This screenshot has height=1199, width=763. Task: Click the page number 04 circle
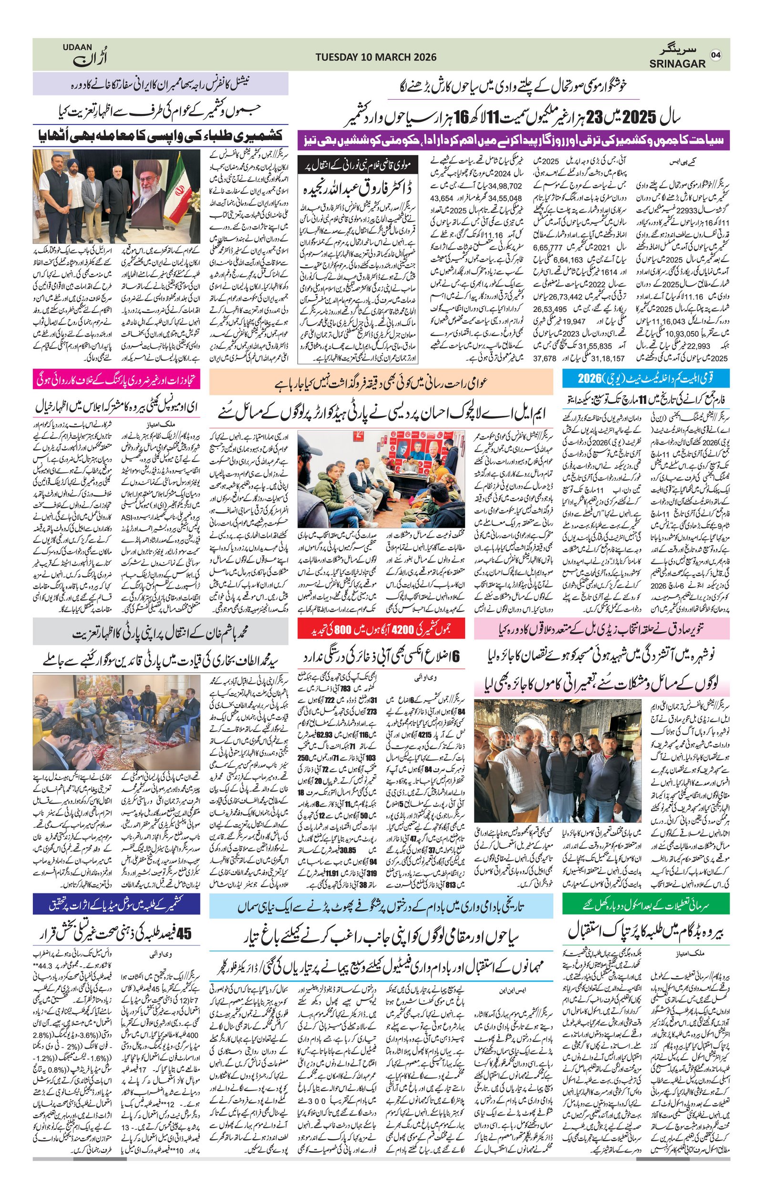pos(716,55)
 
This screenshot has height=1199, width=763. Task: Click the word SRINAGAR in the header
pos(677,64)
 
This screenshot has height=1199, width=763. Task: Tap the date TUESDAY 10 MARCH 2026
pos(376,57)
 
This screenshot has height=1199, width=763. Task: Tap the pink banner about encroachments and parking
pos(117,380)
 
